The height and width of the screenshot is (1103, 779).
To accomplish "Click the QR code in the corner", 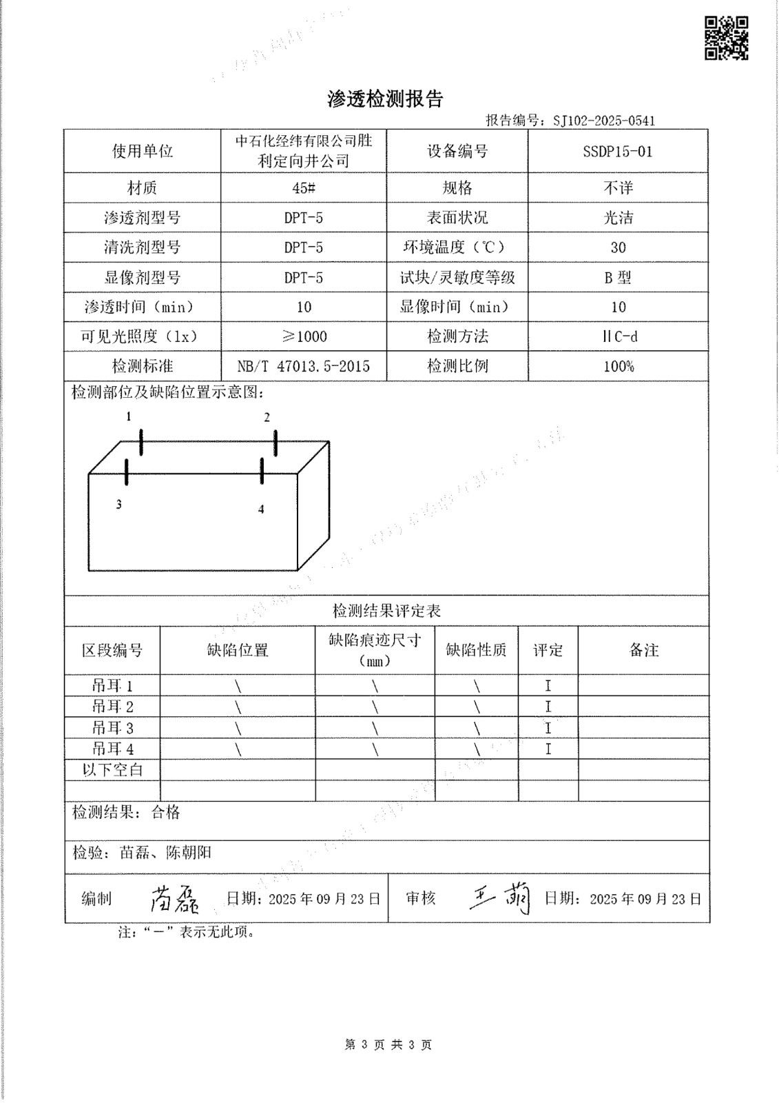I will (726, 38).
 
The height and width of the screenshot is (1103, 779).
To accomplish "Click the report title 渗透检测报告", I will (385, 99).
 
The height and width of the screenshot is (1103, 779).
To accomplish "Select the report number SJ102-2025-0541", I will (604, 121).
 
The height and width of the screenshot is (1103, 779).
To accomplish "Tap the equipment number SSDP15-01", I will (617, 152).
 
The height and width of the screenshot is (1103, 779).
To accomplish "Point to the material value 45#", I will (303, 188).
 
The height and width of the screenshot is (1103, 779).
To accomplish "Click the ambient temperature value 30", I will (618, 247).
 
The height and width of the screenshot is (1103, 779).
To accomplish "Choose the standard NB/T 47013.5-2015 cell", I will (303, 366).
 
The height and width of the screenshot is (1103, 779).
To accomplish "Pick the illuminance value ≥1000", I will (303, 336).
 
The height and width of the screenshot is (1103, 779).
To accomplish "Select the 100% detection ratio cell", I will (618, 366).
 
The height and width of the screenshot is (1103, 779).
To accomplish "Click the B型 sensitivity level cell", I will (618, 278).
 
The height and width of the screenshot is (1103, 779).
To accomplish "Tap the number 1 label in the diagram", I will (128, 416).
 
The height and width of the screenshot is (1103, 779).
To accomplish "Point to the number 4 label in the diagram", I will (261, 509).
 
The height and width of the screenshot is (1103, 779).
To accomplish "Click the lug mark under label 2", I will (276, 443).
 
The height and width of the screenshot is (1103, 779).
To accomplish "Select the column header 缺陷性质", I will (476, 649).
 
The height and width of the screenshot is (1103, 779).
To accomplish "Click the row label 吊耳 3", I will (112, 728).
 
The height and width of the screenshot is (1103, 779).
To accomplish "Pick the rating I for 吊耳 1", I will (548, 686).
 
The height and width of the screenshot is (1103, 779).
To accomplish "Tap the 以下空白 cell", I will (112, 770).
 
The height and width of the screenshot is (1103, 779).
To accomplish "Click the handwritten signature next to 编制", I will (174, 898).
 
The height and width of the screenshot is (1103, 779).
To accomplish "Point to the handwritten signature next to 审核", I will (501, 898).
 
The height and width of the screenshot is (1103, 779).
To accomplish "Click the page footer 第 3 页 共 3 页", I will (388, 1045).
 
